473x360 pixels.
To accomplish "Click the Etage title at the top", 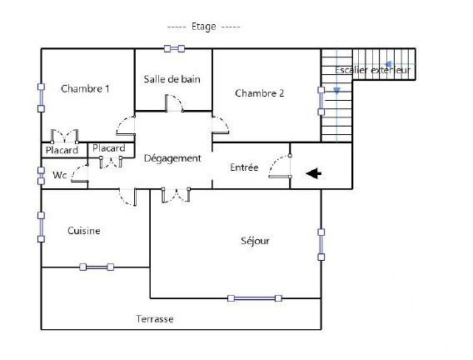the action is coord(204,27).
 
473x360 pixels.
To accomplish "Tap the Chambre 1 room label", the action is coord(85,88).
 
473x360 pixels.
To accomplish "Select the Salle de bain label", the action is coord(172,79).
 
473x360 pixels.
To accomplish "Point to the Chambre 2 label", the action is coord(260,93).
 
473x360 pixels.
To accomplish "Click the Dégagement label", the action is coord(172,158).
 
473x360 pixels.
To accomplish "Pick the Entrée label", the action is coord(244,167).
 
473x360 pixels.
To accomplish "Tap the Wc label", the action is coord(59,175).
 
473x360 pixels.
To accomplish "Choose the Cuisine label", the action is coord(84,231).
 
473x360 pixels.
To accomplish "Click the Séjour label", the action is coord(255,241).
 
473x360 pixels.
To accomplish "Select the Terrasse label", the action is coord(155,319).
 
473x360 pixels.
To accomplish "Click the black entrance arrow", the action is coord(314,173).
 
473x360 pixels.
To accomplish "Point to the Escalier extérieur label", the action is coord(372,70).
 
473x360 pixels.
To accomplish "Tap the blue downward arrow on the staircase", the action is coord(336,90).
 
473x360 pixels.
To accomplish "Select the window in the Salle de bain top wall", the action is coord(174,48).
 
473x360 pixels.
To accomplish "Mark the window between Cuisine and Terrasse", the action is coord(97,267).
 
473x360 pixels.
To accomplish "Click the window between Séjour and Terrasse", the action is coord(255,298).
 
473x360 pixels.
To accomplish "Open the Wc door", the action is coord(80,173).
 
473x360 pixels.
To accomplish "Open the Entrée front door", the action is coord(280,167).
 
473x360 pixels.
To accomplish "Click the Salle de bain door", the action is coord(174,103).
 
